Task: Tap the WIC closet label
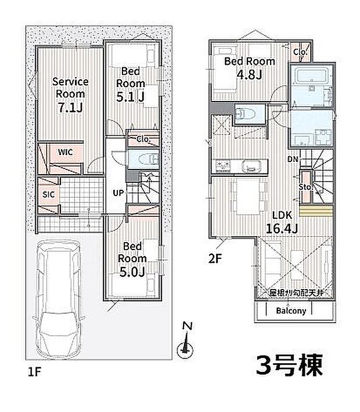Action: (64, 152)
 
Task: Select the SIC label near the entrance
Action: (49, 194)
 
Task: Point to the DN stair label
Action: (293, 158)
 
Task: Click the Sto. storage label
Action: (307, 187)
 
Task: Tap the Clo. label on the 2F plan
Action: (300, 52)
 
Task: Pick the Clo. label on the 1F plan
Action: (143, 139)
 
